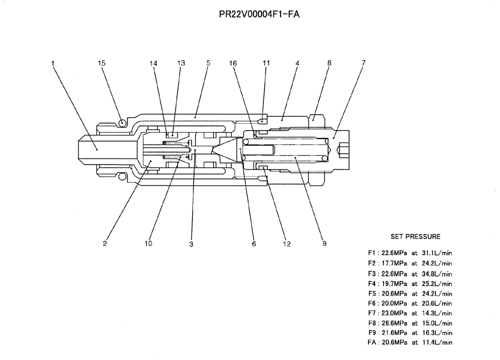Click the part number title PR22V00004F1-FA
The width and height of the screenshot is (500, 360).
click(x=259, y=14)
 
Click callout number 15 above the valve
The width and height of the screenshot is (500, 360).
click(x=101, y=63)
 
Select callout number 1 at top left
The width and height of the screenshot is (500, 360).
click(x=53, y=63)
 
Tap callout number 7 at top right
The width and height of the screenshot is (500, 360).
click(x=363, y=62)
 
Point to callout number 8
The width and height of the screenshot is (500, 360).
click(x=329, y=63)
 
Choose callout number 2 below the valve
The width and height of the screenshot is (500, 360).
click(x=105, y=244)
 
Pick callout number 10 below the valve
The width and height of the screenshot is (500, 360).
click(x=148, y=244)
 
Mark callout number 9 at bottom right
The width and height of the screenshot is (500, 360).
click(x=324, y=244)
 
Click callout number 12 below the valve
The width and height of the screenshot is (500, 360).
click(x=286, y=244)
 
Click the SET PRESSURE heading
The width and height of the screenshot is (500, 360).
click(x=415, y=236)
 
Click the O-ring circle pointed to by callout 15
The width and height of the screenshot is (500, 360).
click(x=122, y=120)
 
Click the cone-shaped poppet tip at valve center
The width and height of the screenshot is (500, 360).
click(x=224, y=149)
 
